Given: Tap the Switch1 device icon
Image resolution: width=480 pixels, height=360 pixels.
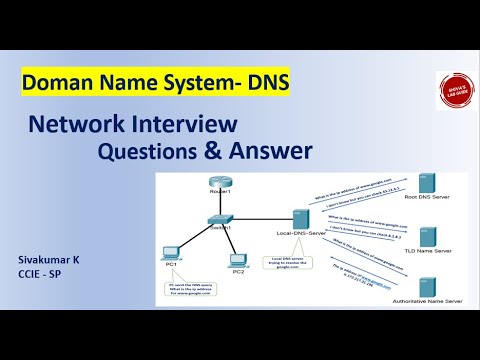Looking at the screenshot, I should (220, 219).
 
